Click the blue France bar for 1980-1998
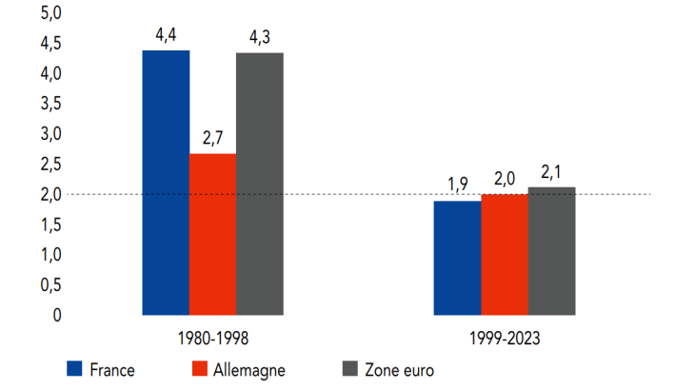point(166,182)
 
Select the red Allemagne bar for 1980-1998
point(212,233)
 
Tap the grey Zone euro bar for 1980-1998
point(259,184)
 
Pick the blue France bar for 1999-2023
point(457,257)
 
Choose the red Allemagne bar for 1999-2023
point(504,254)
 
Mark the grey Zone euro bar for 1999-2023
point(551,250)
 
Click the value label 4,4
point(167,36)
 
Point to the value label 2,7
point(213,139)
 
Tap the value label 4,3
point(260,38)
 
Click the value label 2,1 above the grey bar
point(552,172)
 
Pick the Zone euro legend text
point(398,369)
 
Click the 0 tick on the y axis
point(56,315)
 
